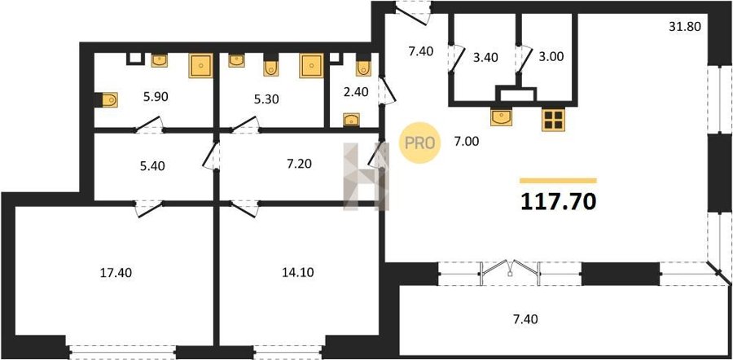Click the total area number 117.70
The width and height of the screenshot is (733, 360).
pyautogui.click(x=558, y=201)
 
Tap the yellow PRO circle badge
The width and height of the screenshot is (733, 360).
pyautogui.click(x=419, y=143)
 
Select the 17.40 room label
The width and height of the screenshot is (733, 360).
pyautogui.click(x=116, y=273)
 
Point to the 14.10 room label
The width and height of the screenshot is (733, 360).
pyautogui.click(x=298, y=273)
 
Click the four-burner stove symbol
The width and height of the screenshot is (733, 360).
pyautogui.click(x=554, y=119)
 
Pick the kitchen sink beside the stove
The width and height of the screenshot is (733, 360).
pyautogui.click(x=501, y=116)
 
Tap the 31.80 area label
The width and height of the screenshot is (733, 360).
pyautogui.click(x=685, y=27)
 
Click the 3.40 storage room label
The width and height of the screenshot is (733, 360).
pyautogui.click(x=485, y=58)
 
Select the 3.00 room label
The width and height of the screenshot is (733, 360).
pyautogui.click(x=551, y=56)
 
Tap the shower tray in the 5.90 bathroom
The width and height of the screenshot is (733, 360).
pyautogui.click(x=200, y=65)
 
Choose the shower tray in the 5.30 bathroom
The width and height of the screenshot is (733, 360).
pyautogui.click(x=311, y=65)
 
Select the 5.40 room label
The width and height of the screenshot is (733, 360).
pyautogui.click(x=152, y=165)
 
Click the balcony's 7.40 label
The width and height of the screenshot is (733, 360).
pyautogui.click(x=525, y=320)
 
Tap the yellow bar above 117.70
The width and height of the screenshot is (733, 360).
pyautogui.click(x=558, y=181)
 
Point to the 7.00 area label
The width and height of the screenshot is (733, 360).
pyautogui.click(x=466, y=141)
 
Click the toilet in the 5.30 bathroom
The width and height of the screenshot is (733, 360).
pyautogui.click(x=271, y=65)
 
